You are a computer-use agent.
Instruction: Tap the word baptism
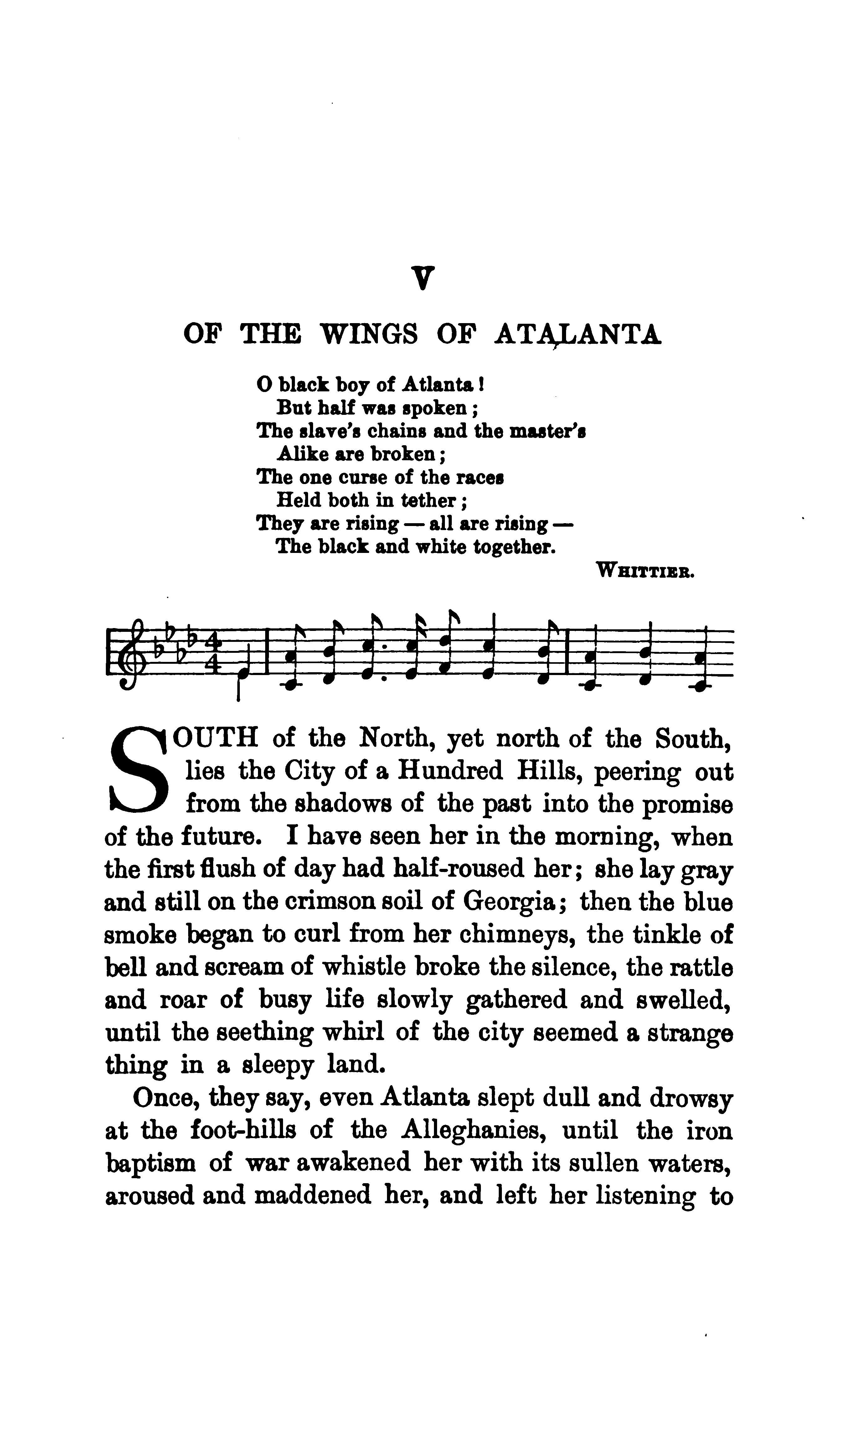click(152, 1163)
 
